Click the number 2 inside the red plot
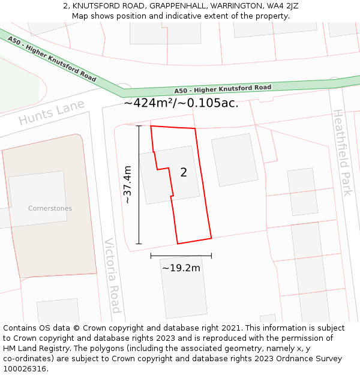pos(184,173)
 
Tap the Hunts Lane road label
pos(51,112)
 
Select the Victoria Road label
pos(113,275)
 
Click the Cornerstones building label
pos(50,208)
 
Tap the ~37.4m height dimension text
pos(127,185)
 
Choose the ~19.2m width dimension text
pos(181,268)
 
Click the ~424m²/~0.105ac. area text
pos(181,103)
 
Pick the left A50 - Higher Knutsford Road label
pos(52,59)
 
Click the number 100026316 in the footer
pos(25,369)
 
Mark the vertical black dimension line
pos(139,185)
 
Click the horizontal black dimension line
pos(181,256)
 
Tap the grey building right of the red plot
pos(235,160)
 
